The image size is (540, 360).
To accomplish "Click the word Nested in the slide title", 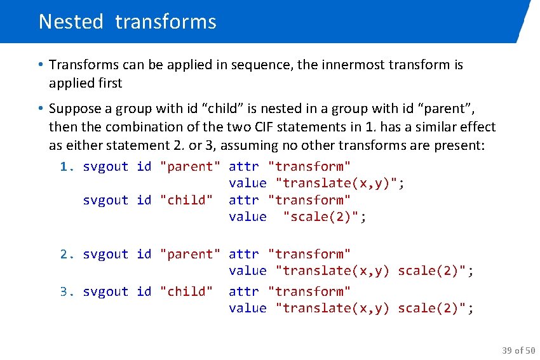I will click(x=71, y=22).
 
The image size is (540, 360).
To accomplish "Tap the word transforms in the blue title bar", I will click(x=166, y=22).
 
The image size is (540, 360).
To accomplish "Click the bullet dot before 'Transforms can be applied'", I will click(x=40, y=65).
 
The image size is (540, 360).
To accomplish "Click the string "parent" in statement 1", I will click(x=190, y=166).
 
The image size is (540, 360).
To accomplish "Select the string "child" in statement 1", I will click(x=186, y=200).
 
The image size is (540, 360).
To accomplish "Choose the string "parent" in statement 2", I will click(x=190, y=254).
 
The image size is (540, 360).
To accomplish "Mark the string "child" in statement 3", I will click(x=186, y=291).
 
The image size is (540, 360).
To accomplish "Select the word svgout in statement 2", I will click(x=105, y=254).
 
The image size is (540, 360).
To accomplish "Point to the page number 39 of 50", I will click(x=518, y=350).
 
